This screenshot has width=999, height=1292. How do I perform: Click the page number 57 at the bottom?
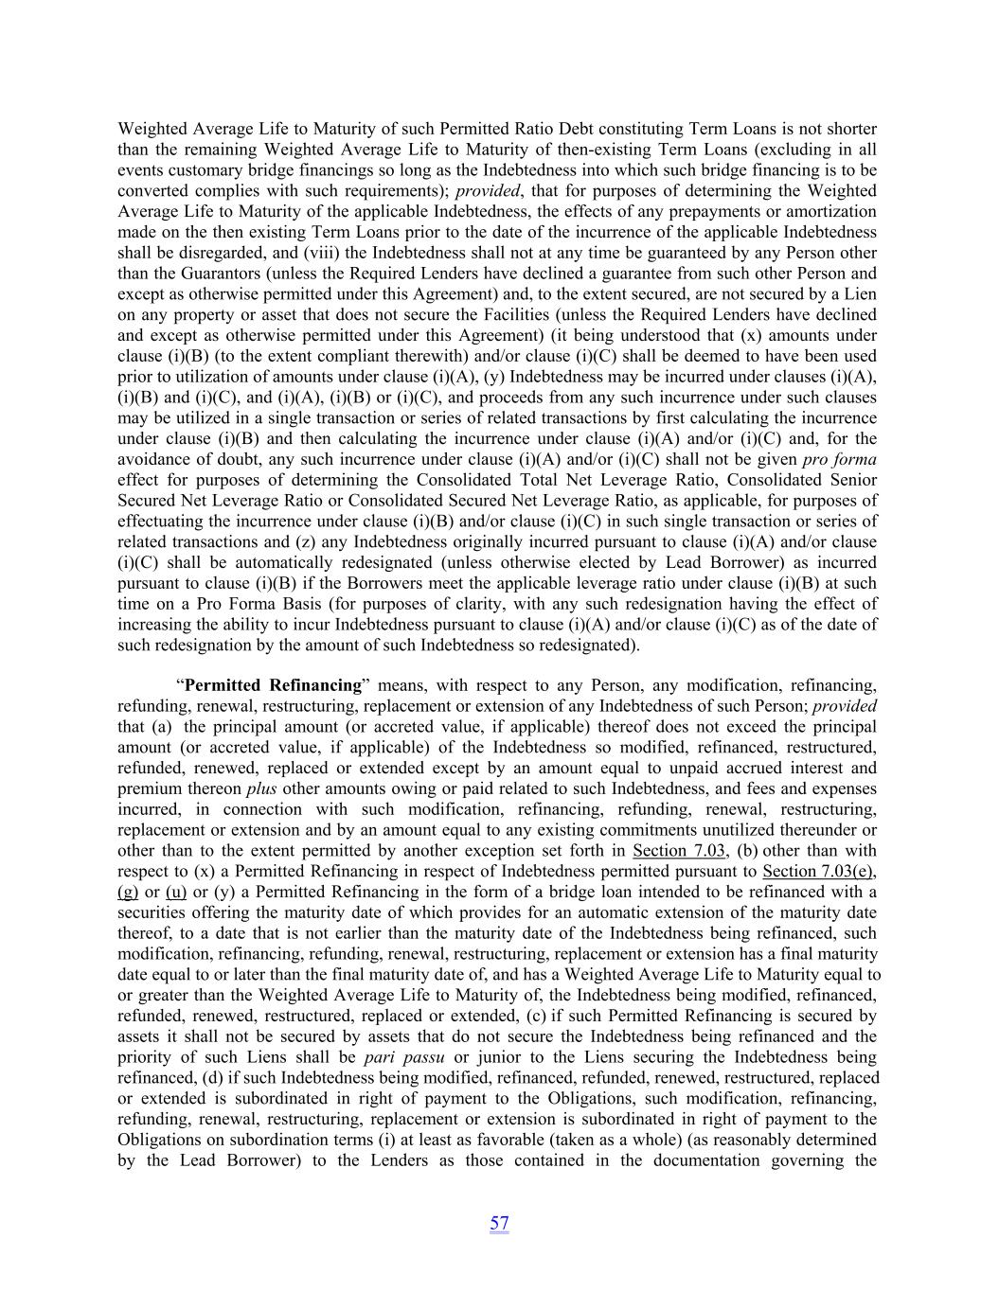click(x=499, y=1223)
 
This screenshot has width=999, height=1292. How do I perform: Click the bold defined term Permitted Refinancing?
click(x=273, y=684)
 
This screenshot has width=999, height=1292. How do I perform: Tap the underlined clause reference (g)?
click(x=128, y=892)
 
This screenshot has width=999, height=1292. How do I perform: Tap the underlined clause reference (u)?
click(x=175, y=892)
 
